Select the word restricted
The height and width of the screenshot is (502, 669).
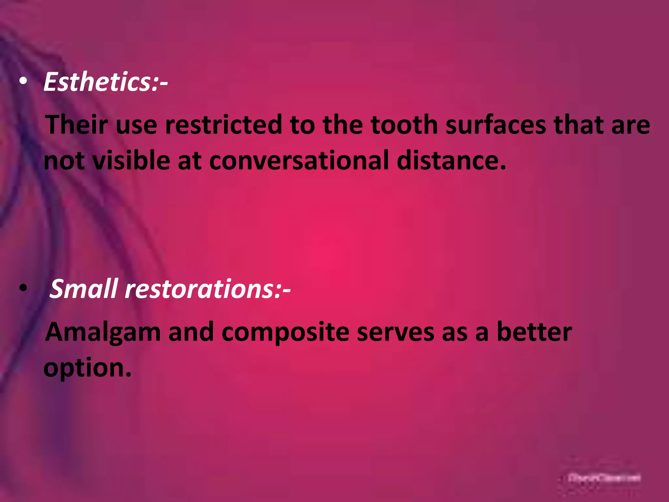tap(223, 125)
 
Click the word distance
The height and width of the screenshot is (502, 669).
tap(451, 160)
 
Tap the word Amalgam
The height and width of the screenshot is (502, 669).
tap(103, 332)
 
